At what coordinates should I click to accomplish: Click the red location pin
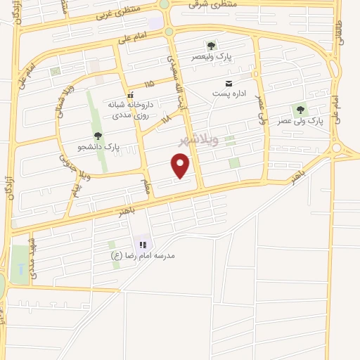coord(181,165)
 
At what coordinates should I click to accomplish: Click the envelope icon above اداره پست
coord(228,84)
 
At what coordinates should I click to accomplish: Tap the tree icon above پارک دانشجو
coord(98,136)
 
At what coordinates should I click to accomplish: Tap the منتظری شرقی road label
coord(213,4)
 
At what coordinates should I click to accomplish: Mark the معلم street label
coord(146,187)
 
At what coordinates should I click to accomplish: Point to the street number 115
coord(148,84)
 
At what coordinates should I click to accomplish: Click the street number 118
coord(166,120)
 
